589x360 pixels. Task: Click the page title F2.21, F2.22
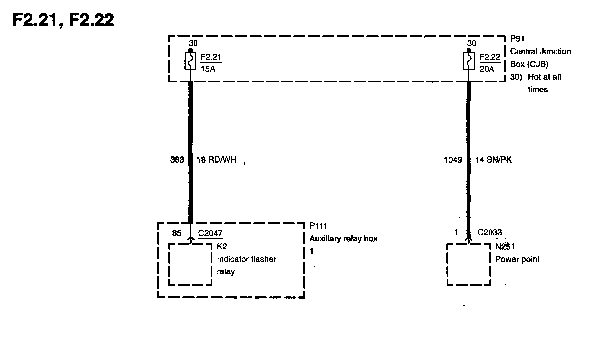(63, 19)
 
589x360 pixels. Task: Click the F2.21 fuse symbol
(190, 61)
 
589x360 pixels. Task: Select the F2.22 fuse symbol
(468, 61)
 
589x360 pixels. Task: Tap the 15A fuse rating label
(208, 69)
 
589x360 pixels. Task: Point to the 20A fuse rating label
(486, 69)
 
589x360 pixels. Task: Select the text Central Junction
(540, 51)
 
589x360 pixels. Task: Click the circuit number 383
(176, 160)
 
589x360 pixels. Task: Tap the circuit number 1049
(452, 160)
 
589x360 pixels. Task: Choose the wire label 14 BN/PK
(494, 160)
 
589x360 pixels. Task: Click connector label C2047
(211, 232)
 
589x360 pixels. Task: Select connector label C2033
(490, 232)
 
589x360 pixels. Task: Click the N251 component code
(505, 246)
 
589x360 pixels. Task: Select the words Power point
(517, 259)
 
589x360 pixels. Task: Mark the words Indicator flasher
(246, 259)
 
